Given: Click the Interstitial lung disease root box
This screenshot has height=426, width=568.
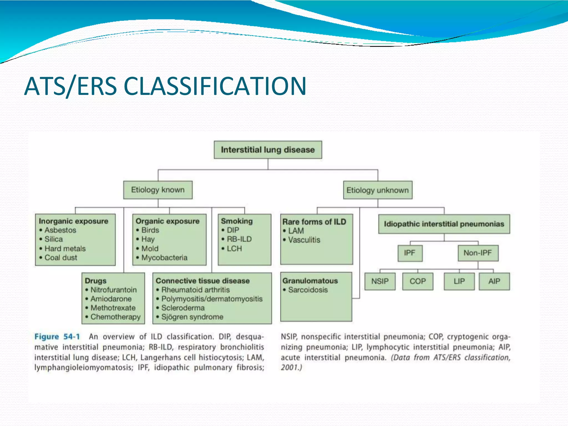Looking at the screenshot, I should tap(268, 150).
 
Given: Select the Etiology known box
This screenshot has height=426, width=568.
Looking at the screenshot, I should tap(158, 190).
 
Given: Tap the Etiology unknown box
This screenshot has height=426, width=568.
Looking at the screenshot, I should tap(377, 190).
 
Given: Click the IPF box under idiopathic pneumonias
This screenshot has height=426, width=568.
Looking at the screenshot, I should tap(410, 253).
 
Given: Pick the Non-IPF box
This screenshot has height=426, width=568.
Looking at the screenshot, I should tap(478, 253).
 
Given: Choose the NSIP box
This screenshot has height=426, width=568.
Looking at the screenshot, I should tap(380, 281).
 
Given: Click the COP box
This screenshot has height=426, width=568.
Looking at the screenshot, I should tap(417, 281).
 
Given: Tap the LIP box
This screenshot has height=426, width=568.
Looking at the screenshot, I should tap(459, 281).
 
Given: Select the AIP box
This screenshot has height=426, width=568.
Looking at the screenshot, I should tap(494, 281).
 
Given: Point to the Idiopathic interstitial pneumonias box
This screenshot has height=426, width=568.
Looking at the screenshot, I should tap(444, 224).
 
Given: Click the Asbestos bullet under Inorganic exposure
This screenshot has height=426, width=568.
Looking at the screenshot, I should tap(60, 230).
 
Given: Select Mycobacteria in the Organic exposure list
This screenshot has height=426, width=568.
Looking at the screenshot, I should tap(164, 258).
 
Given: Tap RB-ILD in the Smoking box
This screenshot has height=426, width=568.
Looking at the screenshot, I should tap(239, 239).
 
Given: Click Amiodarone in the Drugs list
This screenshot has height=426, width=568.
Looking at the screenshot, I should tap(111, 299).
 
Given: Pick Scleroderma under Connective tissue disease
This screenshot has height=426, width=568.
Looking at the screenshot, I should tap(183, 308).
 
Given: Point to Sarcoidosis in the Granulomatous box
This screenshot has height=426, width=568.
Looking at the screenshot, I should tap(308, 290).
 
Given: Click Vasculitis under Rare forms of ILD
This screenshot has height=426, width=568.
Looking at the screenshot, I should tap(304, 240).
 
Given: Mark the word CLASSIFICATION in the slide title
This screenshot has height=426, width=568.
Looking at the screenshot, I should tap(215, 86).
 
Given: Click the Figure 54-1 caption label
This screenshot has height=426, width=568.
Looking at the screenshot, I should tap(57, 337).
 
